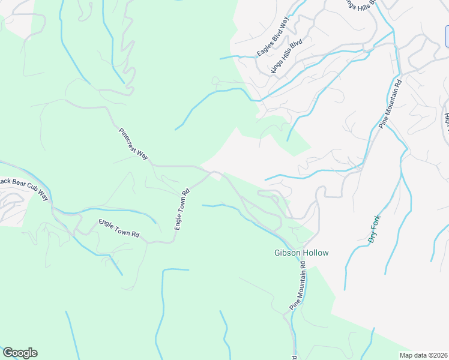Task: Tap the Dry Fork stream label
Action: [x=375, y=230]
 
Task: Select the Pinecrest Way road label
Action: [x=133, y=143]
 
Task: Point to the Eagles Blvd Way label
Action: [x=273, y=37]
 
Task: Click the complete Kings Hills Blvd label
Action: [x=286, y=58]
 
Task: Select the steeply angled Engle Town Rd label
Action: [x=182, y=209]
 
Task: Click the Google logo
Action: [x=20, y=353]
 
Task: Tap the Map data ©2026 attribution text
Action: [x=423, y=355]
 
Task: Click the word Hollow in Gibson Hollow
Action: [x=318, y=253]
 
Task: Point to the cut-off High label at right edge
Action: [x=446, y=114]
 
